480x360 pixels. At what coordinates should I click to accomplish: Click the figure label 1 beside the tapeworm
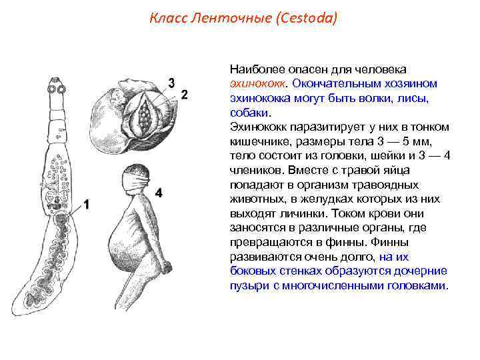pyautogui.click(x=85, y=205)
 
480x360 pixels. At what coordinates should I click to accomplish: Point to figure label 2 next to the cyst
pyautogui.click(x=185, y=94)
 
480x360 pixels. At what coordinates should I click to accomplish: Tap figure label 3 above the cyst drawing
pyautogui.click(x=171, y=83)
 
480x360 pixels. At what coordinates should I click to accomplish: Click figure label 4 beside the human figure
pyautogui.click(x=158, y=193)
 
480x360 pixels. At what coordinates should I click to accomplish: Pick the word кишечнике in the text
pyautogui.click(x=257, y=141)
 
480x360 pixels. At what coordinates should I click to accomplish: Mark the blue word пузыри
pyautogui.click(x=248, y=285)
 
